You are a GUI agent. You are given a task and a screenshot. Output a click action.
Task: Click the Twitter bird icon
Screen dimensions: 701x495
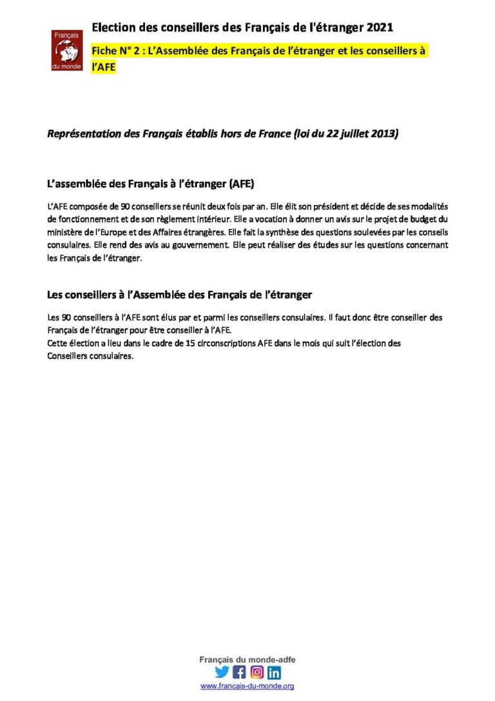click(x=222, y=672)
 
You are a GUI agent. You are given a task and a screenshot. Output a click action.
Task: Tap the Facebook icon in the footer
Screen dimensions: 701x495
click(x=239, y=672)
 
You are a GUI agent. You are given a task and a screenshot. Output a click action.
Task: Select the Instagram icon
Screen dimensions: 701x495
click(x=257, y=672)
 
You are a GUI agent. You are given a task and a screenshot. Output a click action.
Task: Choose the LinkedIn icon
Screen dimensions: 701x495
click(x=274, y=672)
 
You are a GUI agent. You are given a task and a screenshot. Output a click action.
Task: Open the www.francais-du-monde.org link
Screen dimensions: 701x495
click(x=247, y=687)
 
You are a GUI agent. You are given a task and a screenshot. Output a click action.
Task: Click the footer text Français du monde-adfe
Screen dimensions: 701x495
click(x=247, y=660)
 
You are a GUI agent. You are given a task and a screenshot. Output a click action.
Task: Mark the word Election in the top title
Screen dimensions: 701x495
click(x=113, y=27)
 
